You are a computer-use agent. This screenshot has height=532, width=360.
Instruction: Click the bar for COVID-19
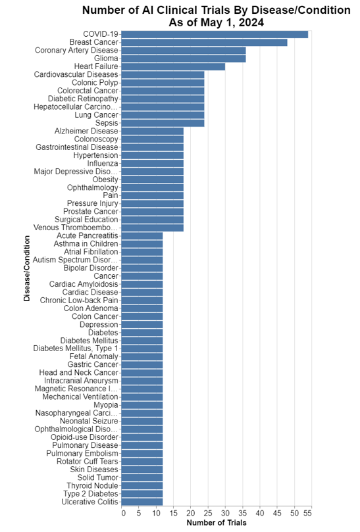pyautogui.click(x=215, y=34)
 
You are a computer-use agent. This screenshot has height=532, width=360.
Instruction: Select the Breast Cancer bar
pyautogui.click(x=204, y=42)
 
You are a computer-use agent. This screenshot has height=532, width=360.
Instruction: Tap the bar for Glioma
pyautogui.click(x=184, y=59)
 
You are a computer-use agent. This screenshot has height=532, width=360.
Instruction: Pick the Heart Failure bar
pyautogui.click(x=173, y=66)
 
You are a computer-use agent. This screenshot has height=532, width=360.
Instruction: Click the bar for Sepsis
pyautogui.click(x=163, y=123)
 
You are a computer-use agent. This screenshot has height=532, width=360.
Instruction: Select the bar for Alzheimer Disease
pyautogui.click(x=153, y=131)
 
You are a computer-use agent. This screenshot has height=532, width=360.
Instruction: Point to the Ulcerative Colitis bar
pyautogui.click(x=142, y=502)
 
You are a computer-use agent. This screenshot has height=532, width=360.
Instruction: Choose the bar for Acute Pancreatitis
pyautogui.click(x=142, y=235)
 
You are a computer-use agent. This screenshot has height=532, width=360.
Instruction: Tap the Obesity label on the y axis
pyautogui.click(x=105, y=180)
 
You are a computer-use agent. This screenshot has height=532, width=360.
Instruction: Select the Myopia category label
pyautogui.click(x=106, y=405)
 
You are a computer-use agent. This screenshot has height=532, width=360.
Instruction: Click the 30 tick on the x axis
pyautogui.click(x=225, y=513)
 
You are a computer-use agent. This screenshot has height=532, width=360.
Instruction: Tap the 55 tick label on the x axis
pyautogui.click(x=308, y=513)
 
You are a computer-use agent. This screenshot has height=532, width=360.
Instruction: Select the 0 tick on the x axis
pyautogui.click(x=123, y=513)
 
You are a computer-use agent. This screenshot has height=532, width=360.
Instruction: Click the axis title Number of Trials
pyautogui.click(x=217, y=523)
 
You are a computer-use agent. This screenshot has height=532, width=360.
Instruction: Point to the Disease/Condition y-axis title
pyautogui.click(x=27, y=270)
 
